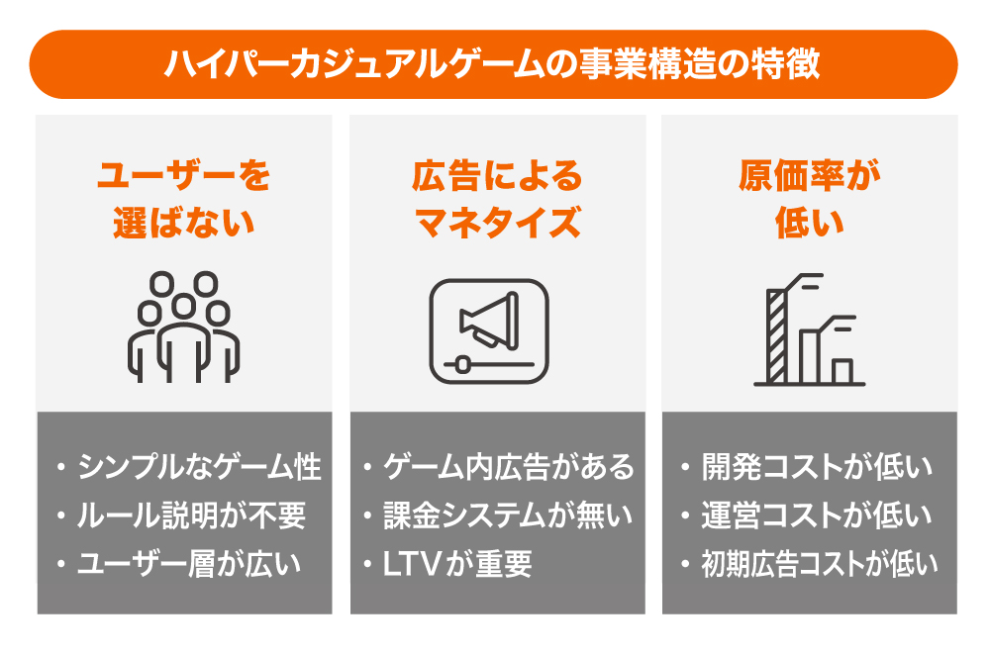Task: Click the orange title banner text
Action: click(x=492, y=64)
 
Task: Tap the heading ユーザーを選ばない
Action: click(x=184, y=199)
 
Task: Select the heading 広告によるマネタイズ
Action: click(x=498, y=199)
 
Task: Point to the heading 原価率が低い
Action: click(x=810, y=199)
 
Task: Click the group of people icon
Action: click(x=184, y=327)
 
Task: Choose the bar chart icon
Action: click(x=810, y=329)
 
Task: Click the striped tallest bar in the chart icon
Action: click(x=776, y=336)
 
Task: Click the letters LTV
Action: click(x=411, y=564)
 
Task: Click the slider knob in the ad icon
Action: click(x=462, y=364)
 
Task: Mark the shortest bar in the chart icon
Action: click(x=842, y=371)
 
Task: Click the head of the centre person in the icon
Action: click(x=184, y=307)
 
